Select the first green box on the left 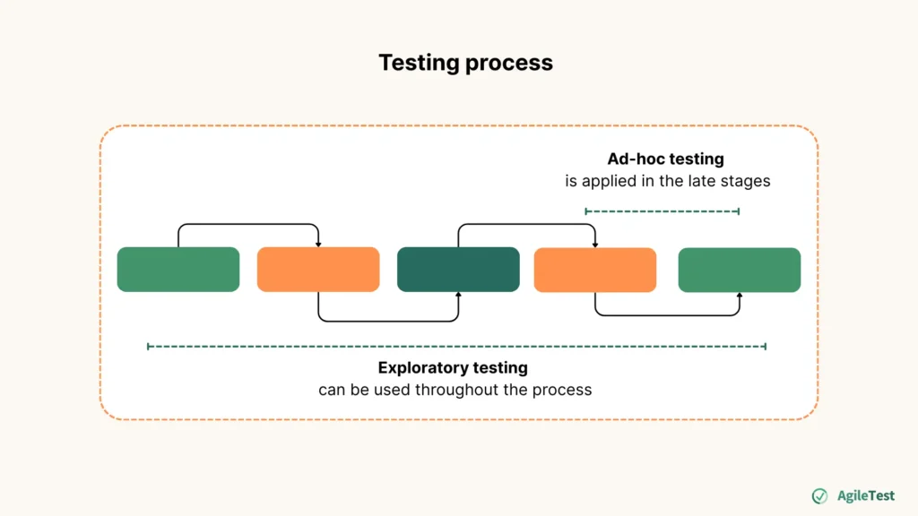[x=178, y=270]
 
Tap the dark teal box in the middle [x=458, y=270]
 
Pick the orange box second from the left [x=318, y=270]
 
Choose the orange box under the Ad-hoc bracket [x=595, y=270]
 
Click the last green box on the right [x=740, y=270]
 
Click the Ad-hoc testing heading [x=665, y=159]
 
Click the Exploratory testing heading [x=453, y=367]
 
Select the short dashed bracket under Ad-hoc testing [x=663, y=211]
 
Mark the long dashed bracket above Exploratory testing [x=456, y=346]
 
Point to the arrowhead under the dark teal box [x=458, y=295]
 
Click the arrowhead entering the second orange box [x=595, y=244]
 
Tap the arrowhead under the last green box [x=740, y=296]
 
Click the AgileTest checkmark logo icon [x=819, y=496]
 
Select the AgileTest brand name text [x=865, y=496]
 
